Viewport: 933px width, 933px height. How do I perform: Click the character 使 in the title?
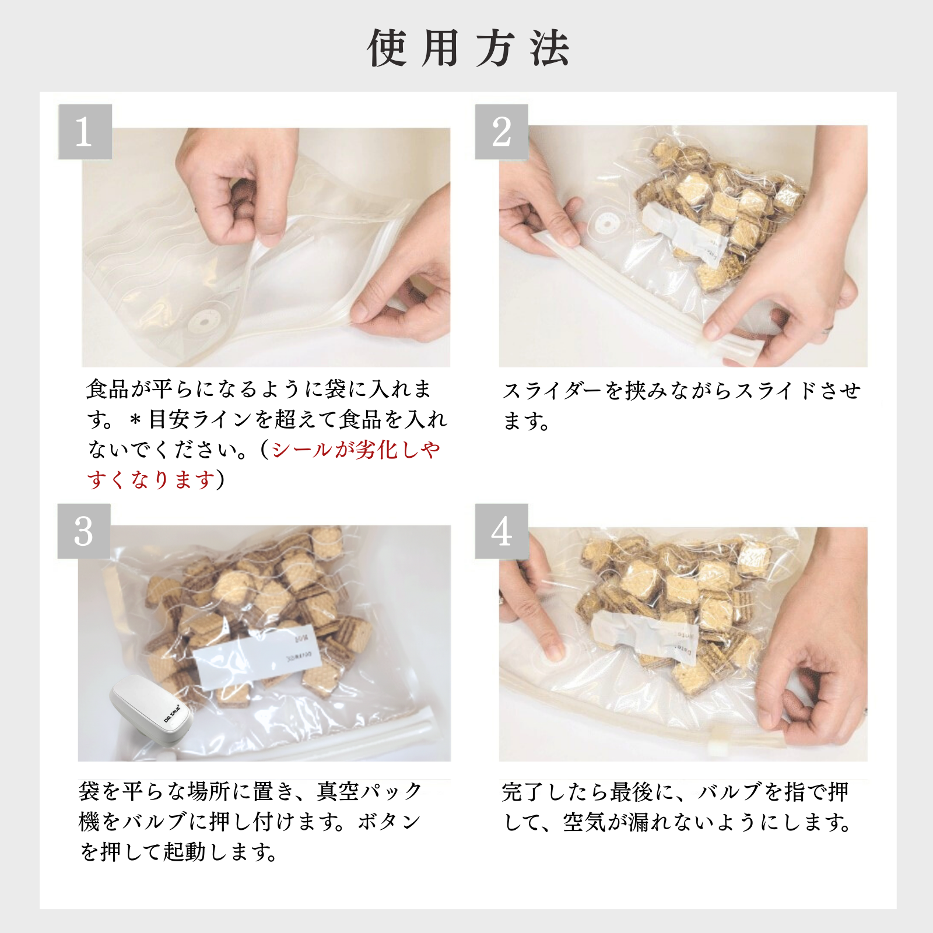(x=387, y=48)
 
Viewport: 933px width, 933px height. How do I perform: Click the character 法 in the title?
(x=549, y=48)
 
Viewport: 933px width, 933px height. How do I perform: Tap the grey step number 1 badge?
(x=85, y=132)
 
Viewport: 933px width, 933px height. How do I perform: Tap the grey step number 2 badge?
(x=501, y=132)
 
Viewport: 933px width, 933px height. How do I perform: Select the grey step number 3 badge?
(x=84, y=531)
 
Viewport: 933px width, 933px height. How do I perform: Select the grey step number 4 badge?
(x=501, y=531)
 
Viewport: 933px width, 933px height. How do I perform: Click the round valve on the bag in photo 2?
(x=606, y=224)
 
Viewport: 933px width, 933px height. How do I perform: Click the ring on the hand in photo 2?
(x=829, y=331)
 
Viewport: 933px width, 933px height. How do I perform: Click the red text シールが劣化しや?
(x=356, y=450)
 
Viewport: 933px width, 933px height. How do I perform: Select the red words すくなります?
(x=152, y=480)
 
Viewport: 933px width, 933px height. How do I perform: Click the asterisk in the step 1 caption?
(x=135, y=420)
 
